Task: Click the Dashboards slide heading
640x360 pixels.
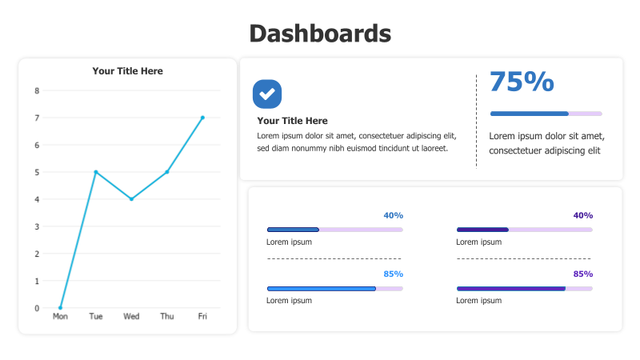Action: pos(320,34)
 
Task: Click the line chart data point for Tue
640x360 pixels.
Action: pos(96,172)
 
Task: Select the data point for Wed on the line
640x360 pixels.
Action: pos(131,199)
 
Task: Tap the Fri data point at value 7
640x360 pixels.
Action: pos(202,118)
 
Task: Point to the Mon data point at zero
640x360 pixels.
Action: pos(60,308)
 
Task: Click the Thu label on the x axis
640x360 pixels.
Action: pos(167,317)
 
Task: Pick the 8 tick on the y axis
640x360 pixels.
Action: pos(37,90)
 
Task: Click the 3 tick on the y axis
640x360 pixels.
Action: pos(37,226)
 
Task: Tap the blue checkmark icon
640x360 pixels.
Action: pos(267,94)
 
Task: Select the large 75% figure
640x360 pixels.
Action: pos(522,82)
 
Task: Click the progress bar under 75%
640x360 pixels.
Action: pos(546,114)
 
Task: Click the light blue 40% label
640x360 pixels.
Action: pos(393,215)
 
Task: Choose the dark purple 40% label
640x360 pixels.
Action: pos(583,215)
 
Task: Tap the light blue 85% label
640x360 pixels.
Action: pos(393,274)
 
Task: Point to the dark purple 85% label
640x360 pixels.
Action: pos(583,274)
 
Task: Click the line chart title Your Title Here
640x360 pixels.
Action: pos(127,71)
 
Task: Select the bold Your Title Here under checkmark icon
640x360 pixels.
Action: pos(292,121)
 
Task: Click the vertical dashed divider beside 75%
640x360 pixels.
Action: pos(476,120)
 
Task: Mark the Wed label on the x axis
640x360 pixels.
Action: pos(131,317)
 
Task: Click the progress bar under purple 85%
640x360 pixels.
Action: pos(524,288)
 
